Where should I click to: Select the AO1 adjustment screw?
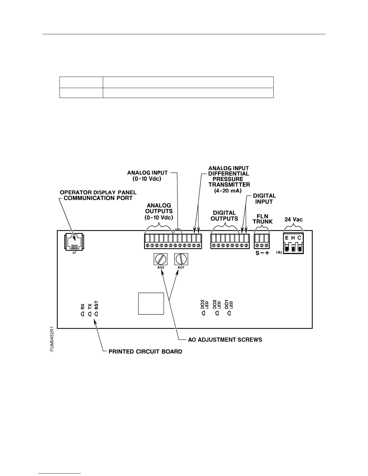[x=181, y=259]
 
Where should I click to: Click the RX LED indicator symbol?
[x=82, y=314]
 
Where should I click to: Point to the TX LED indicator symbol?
[x=89, y=314]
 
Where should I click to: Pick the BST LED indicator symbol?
[x=96, y=314]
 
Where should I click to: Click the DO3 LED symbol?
[x=203, y=313]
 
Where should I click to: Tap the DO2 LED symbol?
[x=216, y=313]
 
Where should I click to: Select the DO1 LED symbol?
[x=229, y=313]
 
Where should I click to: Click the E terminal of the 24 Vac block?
[x=287, y=247]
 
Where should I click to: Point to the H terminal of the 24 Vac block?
[x=293, y=247]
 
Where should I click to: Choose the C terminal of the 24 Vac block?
[x=299, y=247]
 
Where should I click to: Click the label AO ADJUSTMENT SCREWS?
[x=225, y=340]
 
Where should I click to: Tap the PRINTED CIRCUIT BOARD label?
[x=145, y=351]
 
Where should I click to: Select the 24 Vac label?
[x=293, y=220]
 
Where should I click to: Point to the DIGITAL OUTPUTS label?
[x=224, y=216]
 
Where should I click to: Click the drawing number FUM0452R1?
[x=52, y=339]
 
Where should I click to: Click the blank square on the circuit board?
[x=151, y=304]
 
